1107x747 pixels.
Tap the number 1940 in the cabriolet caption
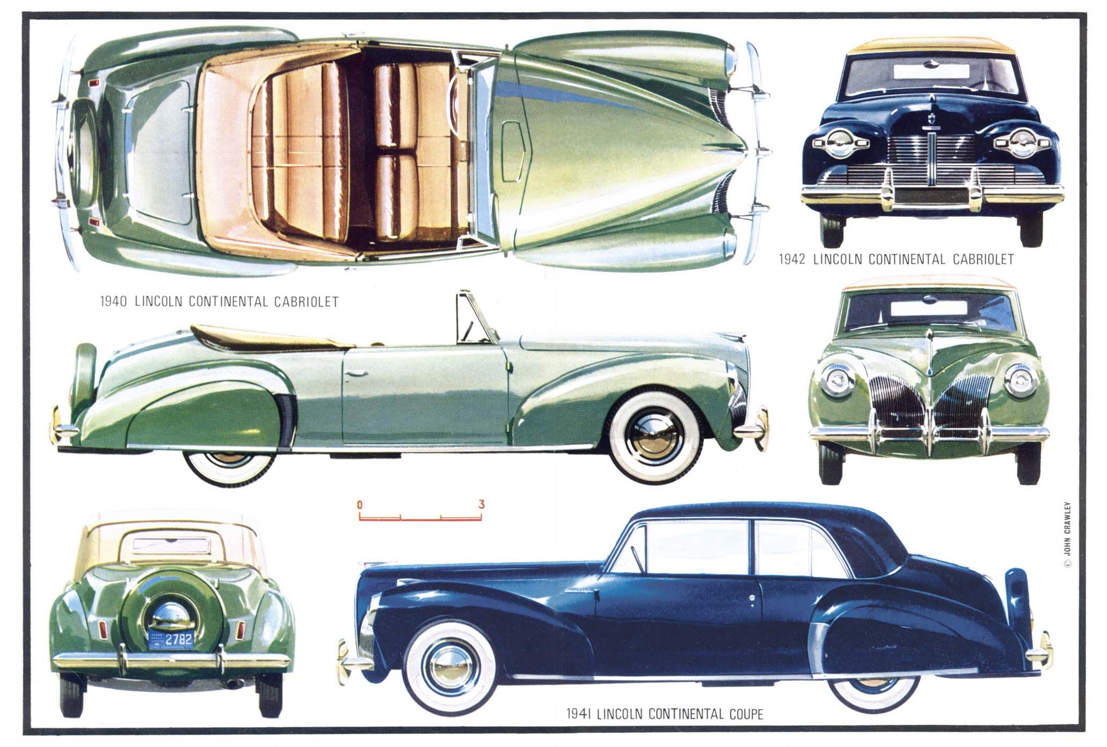click(x=114, y=301)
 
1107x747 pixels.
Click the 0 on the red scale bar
click(x=359, y=504)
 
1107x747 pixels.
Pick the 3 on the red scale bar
click(x=482, y=504)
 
